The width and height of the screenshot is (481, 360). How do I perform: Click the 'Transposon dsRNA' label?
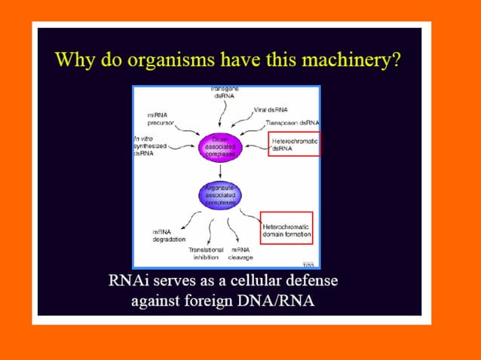pyautogui.click(x=292, y=122)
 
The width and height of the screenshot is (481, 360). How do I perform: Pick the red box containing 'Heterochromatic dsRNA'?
pyautogui.click(x=295, y=143)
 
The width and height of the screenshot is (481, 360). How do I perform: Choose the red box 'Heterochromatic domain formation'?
pyautogui.click(x=286, y=229)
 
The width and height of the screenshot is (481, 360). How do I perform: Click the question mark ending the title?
pyautogui.click(x=395, y=59)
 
